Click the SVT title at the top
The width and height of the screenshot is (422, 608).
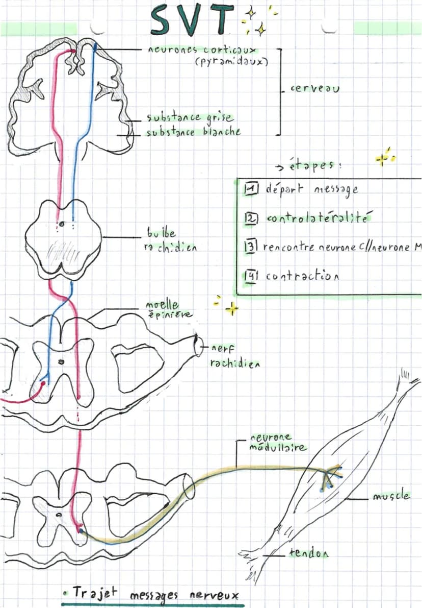pyautogui.click(x=193, y=20)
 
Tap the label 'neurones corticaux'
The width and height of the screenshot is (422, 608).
pyautogui.click(x=202, y=50)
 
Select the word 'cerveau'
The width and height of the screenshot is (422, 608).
pyautogui.click(x=315, y=88)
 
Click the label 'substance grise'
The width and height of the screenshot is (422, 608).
pyautogui.click(x=190, y=117)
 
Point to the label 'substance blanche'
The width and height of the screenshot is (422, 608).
pyautogui.click(x=193, y=131)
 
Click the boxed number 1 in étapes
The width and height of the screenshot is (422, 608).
pyautogui.click(x=251, y=189)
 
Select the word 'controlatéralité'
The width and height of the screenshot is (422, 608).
pyautogui.click(x=318, y=218)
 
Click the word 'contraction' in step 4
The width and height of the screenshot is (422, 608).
pyautogui.click(x=302, y=276)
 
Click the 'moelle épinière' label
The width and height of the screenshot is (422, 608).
pyautogui.click(x=168, y=309)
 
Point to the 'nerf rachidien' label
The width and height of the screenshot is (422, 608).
pyautogui.click(x=235, y=356)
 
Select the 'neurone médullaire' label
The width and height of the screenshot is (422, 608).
pyautogui.click(x=278, y=443)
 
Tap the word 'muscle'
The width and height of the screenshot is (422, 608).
pyautogui.click(x=391, y=496)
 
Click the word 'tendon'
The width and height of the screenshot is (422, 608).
pyautogui.click(x=308, y=553)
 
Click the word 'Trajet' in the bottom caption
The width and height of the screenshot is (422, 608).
pyautogui.click(x=94, y=593)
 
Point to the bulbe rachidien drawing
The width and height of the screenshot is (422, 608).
pyautogui.click(x=63, y=239)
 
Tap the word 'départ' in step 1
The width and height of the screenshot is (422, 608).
pyautogui.click(x=285, y=189)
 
